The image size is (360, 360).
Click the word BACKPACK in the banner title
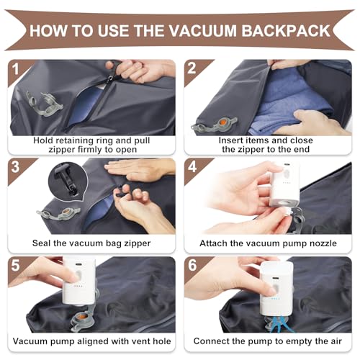click(286, 31)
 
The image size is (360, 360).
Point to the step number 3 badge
click(15, 167)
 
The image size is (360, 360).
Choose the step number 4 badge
click(192, 167)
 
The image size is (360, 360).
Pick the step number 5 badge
click(15, 266)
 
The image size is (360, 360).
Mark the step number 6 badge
click(192, 266)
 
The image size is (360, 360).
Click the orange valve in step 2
click(223, 122)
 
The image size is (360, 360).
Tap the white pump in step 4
click(286, 185)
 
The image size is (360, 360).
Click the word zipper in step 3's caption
click(137, 243)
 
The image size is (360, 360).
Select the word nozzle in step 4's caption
click(323, 243)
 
